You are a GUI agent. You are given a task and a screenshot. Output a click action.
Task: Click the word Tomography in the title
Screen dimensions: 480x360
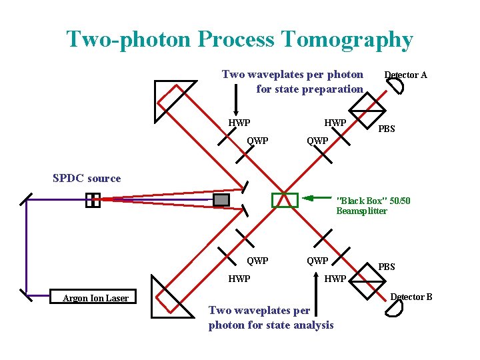tap(347, 40)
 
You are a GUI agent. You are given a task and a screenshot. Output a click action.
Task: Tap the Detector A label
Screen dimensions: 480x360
tap(405, 75)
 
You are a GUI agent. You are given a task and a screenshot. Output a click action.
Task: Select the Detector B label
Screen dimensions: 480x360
tap(411, 297)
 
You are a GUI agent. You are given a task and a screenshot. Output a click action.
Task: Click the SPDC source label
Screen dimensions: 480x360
tap(87, 179)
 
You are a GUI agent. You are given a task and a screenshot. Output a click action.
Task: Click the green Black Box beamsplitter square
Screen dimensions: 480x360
tap(285, 200)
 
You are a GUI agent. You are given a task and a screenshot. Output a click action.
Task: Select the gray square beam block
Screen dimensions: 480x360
tap(221, 199)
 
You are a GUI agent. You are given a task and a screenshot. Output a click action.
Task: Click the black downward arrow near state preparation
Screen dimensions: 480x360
tap(235, 104)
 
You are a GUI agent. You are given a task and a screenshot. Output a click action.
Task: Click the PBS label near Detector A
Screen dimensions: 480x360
tap(387, 129)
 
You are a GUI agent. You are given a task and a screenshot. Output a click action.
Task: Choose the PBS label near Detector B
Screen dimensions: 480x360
tap(387, 267)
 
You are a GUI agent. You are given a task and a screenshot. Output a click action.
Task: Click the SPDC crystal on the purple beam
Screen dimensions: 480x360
tap(93, 199)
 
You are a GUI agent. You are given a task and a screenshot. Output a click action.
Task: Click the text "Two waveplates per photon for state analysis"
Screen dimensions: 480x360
tap(271, 318)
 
